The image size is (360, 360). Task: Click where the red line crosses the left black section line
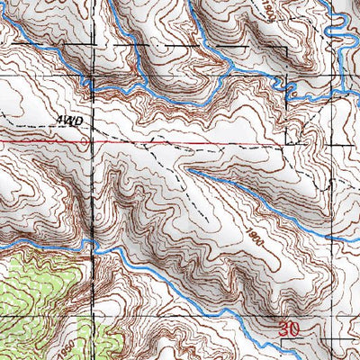point(91,141)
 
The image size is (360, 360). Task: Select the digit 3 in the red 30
point(283,331)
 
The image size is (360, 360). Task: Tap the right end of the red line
point(286,143)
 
